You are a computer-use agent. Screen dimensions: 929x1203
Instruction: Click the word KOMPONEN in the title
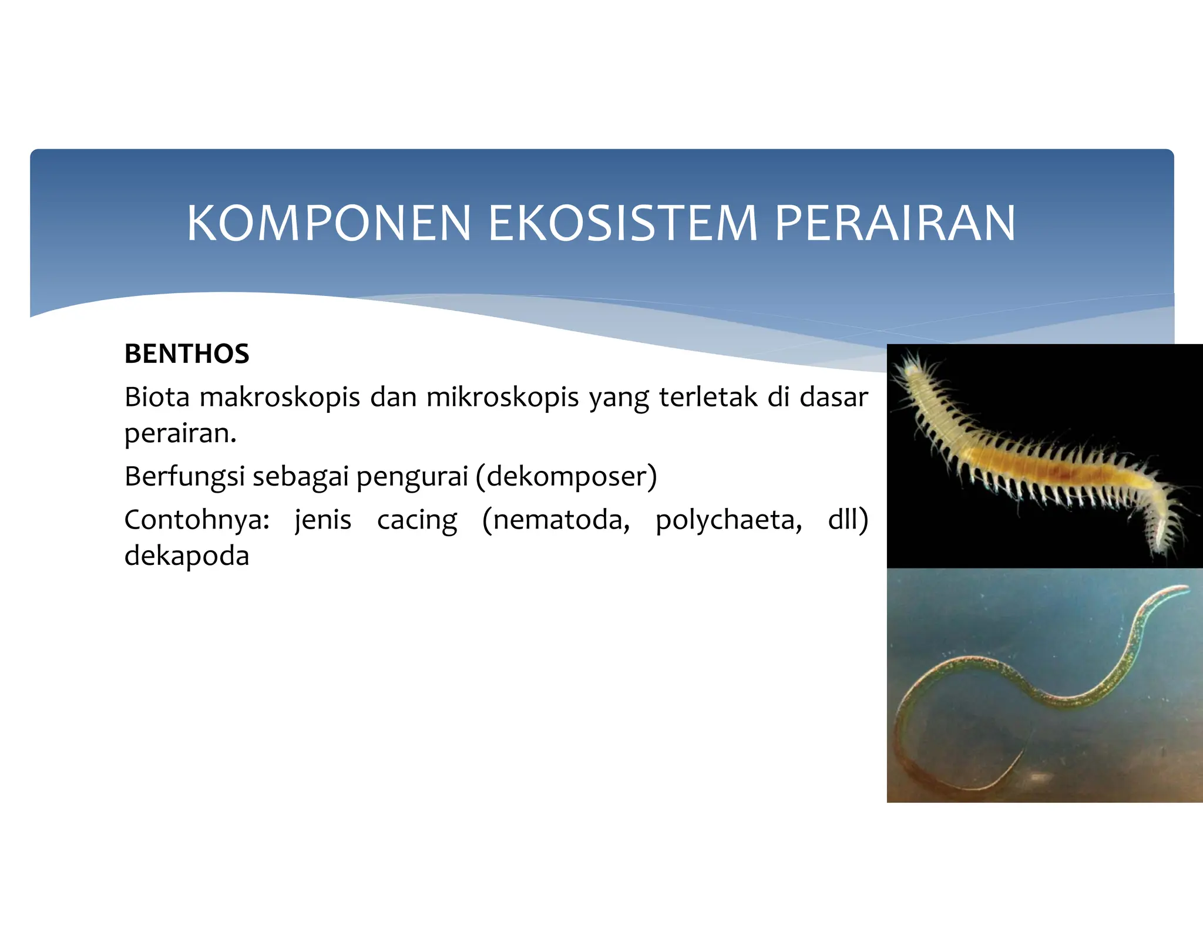pyautogui.click(x=329, y=223)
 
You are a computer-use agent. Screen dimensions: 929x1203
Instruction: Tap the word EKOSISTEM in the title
pyautogui.click(x=623, y=223)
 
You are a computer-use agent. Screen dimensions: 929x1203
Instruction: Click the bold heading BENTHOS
pyautogui.click(x=187, y=354)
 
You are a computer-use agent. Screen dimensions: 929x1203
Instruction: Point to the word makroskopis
pyautogui.click(x=280, y=398)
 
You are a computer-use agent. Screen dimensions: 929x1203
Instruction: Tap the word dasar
pyautogui.click(x=834, y=398)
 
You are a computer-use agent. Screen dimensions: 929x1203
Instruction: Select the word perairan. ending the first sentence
pyautogui.click(x=180, y=434)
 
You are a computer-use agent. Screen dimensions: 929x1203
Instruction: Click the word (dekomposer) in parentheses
pyautogui.click(x=566, y=476)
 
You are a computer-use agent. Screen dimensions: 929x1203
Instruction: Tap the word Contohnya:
pyautogui.click(x=197, y=520)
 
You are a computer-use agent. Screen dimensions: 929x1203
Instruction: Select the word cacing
pyautogui.click(x=417, y=521)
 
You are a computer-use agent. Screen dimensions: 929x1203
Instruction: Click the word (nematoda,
pyautogui.click(x=556, y=520)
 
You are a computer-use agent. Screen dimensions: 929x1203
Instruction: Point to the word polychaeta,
pyautogui.click(x=728, y=521)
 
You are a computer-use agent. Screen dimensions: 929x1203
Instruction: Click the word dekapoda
pyautogui.click(x=187, y=556)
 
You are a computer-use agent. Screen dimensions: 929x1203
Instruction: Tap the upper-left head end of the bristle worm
pyautogui.click(x=911, y=371)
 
